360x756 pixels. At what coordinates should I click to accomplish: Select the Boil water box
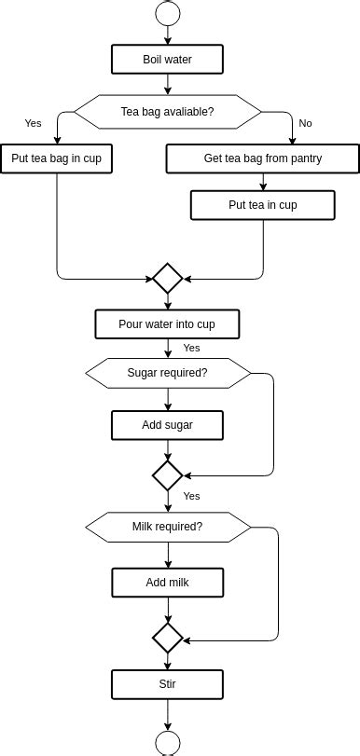(168, 61)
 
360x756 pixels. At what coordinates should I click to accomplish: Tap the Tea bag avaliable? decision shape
(168, 112)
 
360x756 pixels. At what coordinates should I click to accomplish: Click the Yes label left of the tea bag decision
(34, 123)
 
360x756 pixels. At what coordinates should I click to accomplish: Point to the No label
(305, 123)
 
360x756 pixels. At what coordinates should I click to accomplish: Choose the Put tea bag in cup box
(56, 158)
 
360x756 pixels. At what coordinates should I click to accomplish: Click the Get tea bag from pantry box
(263, 158)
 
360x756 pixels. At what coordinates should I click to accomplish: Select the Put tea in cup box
(263, 205)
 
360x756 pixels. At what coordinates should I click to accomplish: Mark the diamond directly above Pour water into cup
(168, 278)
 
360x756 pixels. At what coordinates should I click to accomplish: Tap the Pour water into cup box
(168, 324)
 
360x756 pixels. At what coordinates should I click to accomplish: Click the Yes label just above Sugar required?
(191, 348)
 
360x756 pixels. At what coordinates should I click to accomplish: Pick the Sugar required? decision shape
(168, 374)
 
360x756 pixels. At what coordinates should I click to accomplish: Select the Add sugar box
(168, 426)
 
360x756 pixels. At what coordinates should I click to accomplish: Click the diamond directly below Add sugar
(168, 475)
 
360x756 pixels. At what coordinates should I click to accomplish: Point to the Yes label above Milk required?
(191, 496)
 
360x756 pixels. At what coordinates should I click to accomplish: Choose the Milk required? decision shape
(168, 527)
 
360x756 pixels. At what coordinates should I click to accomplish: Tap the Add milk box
(168, 584)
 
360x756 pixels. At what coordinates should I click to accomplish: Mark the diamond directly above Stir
(168, 639)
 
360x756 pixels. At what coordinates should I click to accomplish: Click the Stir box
(168, 685)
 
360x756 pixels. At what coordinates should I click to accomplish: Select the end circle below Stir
(168, 744)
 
